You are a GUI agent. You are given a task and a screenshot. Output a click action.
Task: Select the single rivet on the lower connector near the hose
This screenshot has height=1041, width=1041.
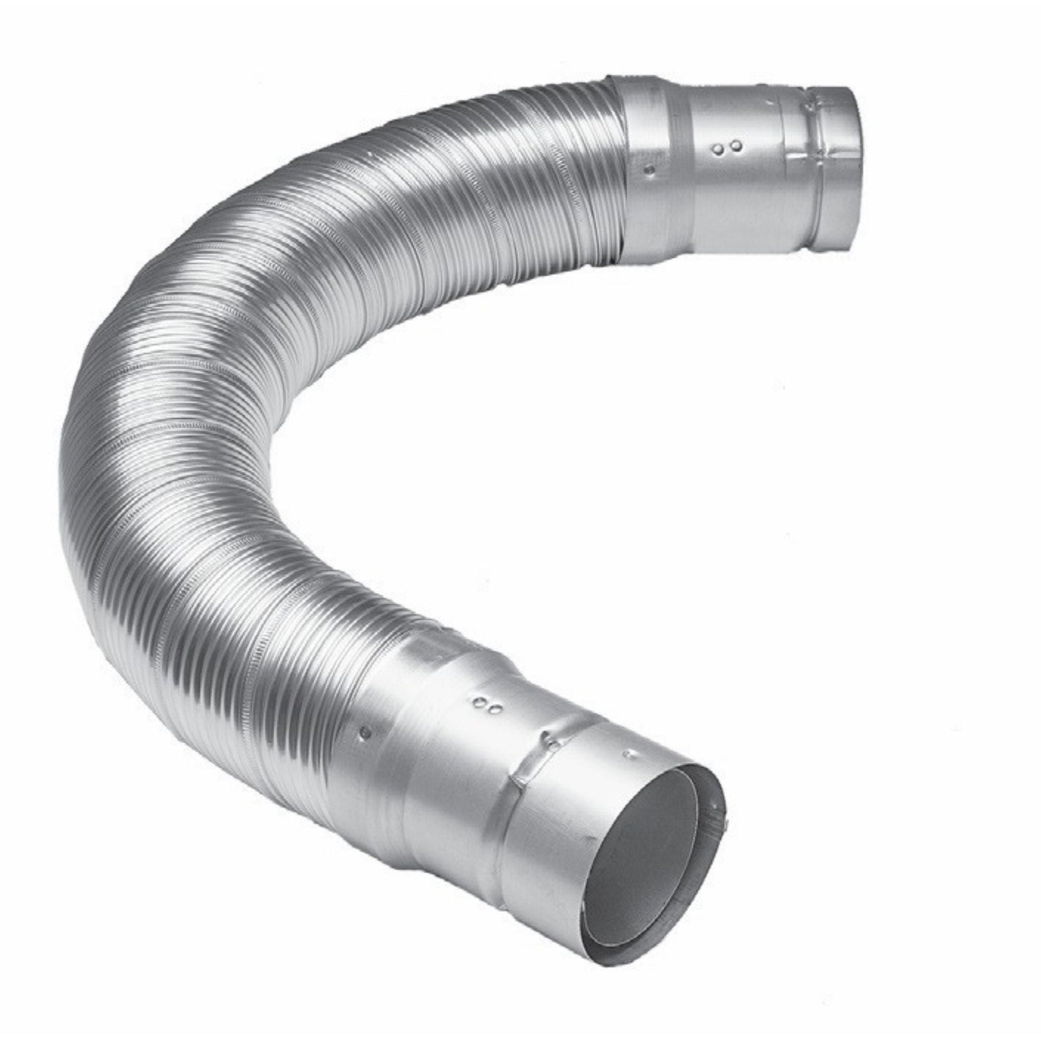(365, 732)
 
